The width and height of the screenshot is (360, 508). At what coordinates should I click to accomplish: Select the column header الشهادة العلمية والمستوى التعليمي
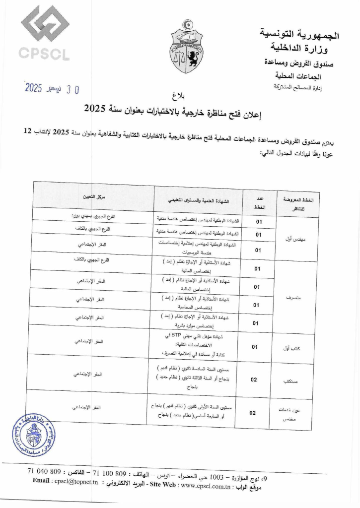click(198, 201)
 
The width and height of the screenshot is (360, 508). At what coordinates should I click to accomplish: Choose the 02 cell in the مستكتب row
click(253, 380)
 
